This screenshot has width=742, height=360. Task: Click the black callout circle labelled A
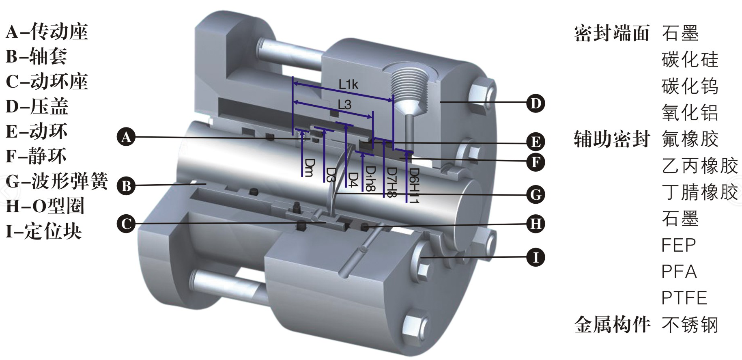(126, 137)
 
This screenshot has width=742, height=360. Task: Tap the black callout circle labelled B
(126, 186)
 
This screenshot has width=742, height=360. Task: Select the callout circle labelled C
(126, 224)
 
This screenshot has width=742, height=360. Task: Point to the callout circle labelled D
(536, 103)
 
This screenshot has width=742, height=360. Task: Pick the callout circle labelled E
(536, 142)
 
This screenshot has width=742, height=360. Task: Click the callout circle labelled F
(536, 162)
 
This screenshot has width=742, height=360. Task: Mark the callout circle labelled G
(536, 194)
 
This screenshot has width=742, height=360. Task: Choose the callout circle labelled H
(536, 224)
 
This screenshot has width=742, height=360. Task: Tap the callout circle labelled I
(536, 257)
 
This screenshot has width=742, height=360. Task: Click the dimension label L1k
(348, 84)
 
